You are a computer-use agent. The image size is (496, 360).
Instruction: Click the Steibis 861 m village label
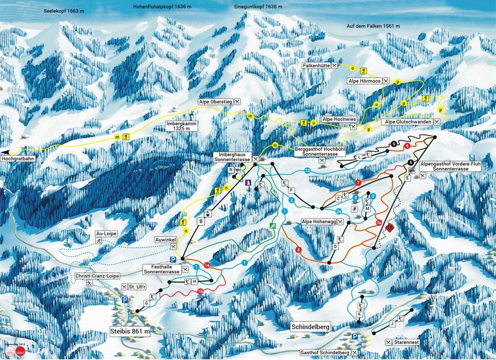point(130,331)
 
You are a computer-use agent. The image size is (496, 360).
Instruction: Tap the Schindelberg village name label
point(310,327)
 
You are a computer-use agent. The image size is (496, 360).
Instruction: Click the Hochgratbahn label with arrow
point(20,156)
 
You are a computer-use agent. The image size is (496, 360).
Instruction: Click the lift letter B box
point(201,221)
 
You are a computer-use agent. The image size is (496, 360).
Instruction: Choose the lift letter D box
point(335,246)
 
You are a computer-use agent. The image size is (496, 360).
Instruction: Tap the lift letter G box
point(146,303)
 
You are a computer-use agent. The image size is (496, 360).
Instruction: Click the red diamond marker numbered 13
point(390,228)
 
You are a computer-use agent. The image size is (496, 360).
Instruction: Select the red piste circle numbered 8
point(298,249)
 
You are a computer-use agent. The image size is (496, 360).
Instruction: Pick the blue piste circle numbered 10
point(307,170)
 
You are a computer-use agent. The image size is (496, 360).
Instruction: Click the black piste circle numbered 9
point(393,144)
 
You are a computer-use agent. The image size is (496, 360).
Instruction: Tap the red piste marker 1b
point(200,292)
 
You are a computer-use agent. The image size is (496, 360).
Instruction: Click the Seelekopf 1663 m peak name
point(63,11)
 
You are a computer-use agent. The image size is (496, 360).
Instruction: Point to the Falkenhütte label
point(315,67)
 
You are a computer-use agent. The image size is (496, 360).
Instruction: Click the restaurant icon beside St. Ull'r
point(125,287)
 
